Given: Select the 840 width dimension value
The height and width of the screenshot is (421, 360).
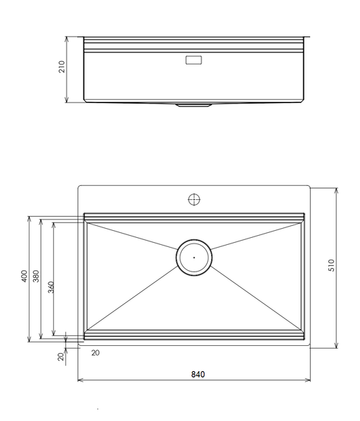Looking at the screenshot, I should (x=198, y=374).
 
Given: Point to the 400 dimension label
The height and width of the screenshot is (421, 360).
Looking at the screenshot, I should (x=24, y=276).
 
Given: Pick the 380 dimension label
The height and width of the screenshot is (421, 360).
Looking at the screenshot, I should (x=36, y=276).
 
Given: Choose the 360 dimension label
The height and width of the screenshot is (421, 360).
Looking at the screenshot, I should (x=50, y=288).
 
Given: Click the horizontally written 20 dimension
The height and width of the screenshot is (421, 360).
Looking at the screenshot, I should (x=95, y=353).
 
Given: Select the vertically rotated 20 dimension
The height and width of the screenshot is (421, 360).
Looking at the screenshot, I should (x=61, y=356).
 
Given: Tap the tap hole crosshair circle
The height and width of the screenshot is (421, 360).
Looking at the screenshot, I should (x=194, y=199).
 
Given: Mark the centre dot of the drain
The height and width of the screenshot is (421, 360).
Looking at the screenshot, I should (x=194, y=258).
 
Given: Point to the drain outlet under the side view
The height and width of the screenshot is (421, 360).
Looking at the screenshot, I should (x=194, y=105).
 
